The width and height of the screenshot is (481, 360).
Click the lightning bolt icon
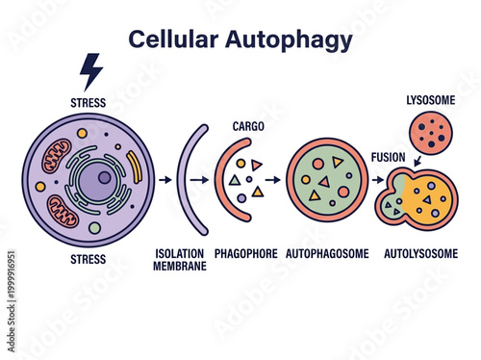click(x=90, y=71)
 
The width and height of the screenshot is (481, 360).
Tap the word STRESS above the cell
click(x=89, y=101)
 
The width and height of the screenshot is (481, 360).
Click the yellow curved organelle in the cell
click(x=135, y=169)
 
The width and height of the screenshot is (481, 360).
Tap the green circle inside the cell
click(x=94, y=228)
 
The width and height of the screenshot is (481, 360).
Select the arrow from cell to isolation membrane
click(x=165, y=179)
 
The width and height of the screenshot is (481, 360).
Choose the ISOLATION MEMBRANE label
click(x=180, y=260)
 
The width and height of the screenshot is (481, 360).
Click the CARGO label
click(x=248, y=126)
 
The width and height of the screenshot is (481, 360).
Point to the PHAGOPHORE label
click(x=246, y=254)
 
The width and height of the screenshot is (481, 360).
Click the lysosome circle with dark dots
click(x=428, y=134)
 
